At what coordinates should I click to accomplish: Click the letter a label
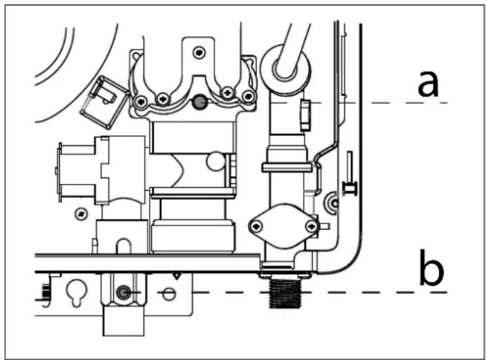coord(428,84)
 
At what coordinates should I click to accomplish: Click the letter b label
coord(432,268)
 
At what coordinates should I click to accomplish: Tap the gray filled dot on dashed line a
coord(199,103)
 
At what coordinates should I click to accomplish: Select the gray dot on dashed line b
coord(124,292)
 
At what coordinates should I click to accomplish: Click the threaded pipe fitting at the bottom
coord(285,293)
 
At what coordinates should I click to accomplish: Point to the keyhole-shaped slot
coord(77,292)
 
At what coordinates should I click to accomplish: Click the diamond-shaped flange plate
coord(284,226)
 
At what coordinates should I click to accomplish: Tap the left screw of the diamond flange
coord(257,226)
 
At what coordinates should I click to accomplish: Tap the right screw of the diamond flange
coord(311,226)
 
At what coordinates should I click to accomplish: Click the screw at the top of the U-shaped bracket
coord(199,52)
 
